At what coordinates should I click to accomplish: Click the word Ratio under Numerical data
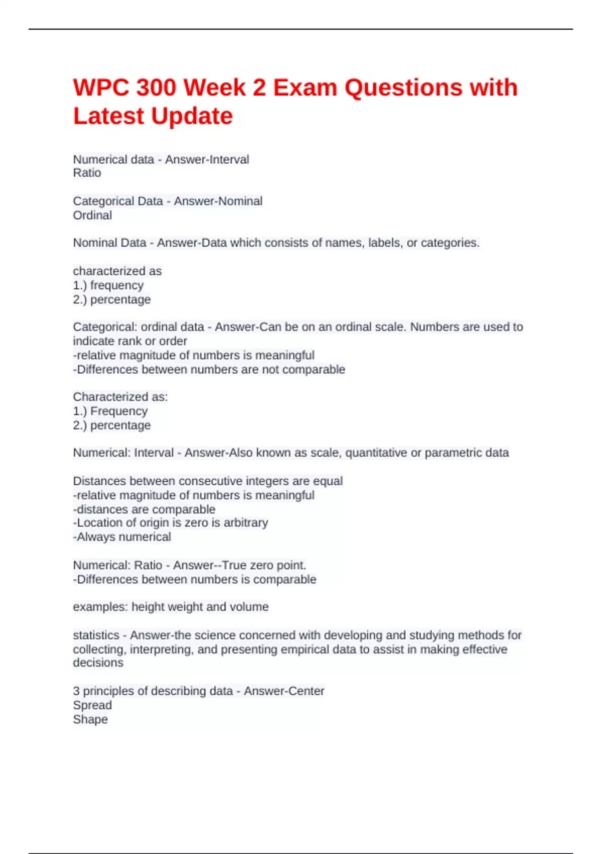87,173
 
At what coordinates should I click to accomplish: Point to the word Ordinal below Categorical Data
92,216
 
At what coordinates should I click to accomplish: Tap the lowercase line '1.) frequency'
108,285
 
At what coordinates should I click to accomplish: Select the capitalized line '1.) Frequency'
110,411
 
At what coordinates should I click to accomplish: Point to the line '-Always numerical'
122,537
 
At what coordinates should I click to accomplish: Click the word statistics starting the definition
96,635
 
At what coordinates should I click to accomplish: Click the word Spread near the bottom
92,705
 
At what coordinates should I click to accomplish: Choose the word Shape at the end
90,719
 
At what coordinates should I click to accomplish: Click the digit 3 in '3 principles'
76,691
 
